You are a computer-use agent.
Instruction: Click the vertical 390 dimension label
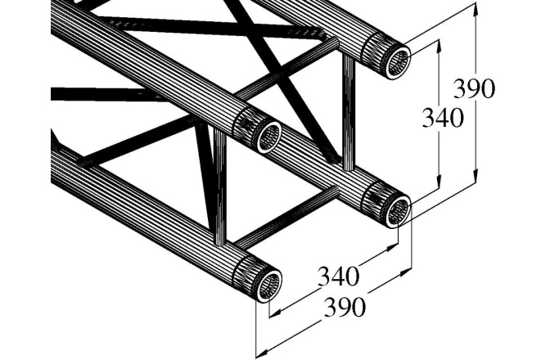[x=476, y=89]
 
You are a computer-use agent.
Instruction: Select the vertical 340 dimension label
[x=443, y=119]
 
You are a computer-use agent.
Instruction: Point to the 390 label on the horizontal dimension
[x=343, y=308]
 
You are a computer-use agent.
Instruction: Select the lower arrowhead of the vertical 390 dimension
[x=476, y=178]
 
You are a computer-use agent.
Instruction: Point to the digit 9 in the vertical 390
[x=476, y=89]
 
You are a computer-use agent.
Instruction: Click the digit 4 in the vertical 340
[x=443, y=119]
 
